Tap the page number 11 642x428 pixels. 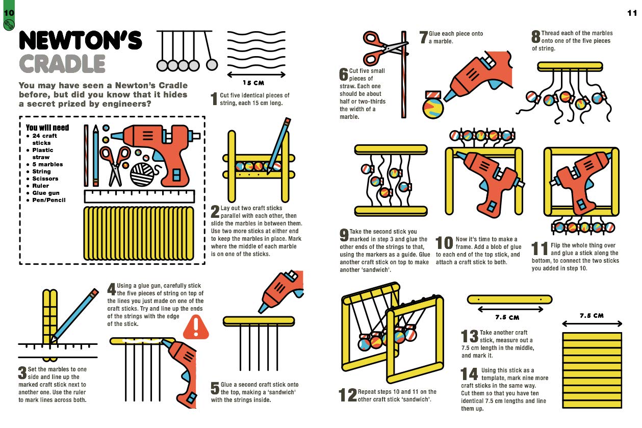[632, 13]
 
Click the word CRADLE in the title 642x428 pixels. [62, 64]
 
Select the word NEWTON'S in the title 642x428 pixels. [80, 40]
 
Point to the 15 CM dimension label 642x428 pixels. [253, 83]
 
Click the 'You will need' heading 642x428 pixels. [47, 128]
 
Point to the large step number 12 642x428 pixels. [348, 395]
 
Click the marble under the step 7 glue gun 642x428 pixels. [433, 108]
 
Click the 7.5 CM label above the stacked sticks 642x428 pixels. [592, 316]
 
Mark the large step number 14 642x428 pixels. [469, 374]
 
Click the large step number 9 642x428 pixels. [344, 235]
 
